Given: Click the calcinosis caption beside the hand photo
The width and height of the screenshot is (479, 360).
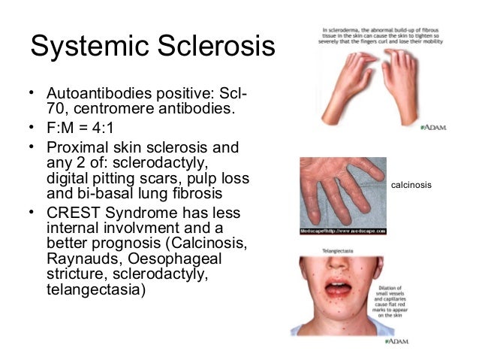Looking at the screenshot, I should (x=412, y=185).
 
